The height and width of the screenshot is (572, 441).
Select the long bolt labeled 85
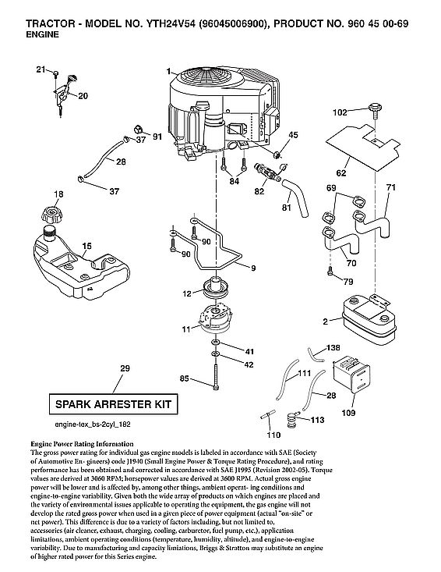coord(212,381)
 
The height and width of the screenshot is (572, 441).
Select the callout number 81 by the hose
coord(286,209)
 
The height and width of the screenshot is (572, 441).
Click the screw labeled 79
coord(330,271)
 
